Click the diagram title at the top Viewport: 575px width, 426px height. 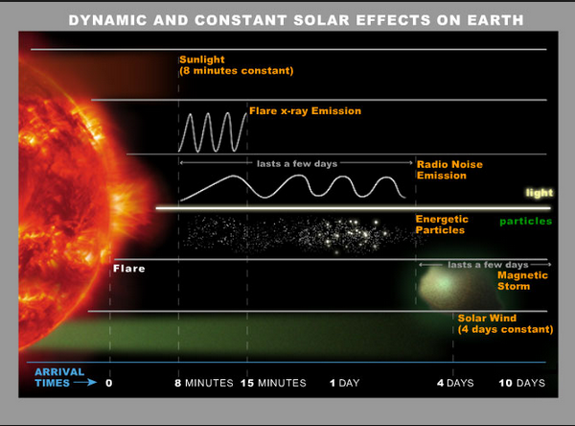coord(287,20)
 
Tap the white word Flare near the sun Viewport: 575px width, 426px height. coord(128,269)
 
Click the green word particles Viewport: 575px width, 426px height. coord(526,223)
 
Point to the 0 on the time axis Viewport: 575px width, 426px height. coord(109,382)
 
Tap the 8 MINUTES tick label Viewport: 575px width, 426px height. coord(205,382)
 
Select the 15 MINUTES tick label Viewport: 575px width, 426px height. coord(276,382)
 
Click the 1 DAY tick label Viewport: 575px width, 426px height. coord(345,382)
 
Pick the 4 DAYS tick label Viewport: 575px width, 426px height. coord(455,382)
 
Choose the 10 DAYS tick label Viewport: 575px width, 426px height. coord(523,382)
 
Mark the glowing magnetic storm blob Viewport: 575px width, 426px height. coord(444,284)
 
